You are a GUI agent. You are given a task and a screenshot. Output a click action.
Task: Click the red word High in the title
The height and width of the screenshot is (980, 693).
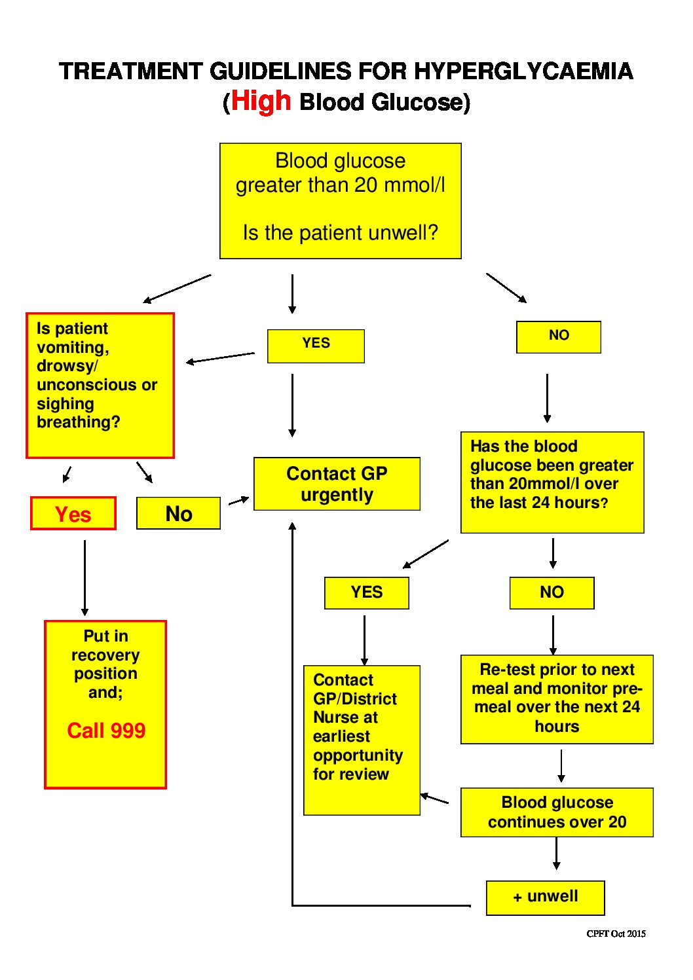coord(261,101)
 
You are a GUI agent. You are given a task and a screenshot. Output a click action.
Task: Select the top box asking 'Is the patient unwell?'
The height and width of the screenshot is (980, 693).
coord(340,201)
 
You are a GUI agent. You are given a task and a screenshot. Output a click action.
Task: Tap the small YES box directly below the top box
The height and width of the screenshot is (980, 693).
coord(316,346)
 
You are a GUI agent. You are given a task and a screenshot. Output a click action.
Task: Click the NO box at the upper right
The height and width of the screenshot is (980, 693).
coord(558,336)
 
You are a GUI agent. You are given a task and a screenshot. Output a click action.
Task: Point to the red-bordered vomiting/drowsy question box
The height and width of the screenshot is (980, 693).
coord(100,385)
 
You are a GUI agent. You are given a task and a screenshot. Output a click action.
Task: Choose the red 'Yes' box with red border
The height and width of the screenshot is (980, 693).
coord(73,513)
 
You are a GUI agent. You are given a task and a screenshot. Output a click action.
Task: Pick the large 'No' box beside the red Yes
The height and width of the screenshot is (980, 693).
coord(178,513)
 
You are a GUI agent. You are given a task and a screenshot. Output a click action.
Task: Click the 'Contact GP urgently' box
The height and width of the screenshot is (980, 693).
coord(337,484)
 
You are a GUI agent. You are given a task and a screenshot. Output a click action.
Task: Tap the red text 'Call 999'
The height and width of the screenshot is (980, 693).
coord(106,730)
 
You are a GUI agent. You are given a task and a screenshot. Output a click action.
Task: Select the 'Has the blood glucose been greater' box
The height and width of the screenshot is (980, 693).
coord(552,482)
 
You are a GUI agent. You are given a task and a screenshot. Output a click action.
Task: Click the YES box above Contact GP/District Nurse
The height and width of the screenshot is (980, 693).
coord(366,592)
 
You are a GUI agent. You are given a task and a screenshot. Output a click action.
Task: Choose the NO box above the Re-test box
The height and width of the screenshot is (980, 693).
coord(552,592)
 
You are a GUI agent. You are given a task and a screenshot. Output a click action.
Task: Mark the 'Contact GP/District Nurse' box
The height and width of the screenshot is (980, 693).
coord(362,740)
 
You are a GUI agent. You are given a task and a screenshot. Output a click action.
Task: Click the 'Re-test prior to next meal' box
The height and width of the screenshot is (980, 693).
coord(557,699)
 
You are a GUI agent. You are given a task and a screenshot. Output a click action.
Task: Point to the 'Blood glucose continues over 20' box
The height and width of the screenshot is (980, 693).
coord(557,812)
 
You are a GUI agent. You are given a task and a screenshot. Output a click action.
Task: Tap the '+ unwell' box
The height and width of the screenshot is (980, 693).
coord(545,897)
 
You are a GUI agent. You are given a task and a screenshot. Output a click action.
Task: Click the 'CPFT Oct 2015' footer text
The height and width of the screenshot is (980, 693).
coord(616,934)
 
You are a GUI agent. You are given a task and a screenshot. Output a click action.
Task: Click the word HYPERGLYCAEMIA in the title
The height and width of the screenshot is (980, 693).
coord(523,71)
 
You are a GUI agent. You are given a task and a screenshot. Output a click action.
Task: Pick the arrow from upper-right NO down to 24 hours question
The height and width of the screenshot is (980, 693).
coord(547,398)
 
